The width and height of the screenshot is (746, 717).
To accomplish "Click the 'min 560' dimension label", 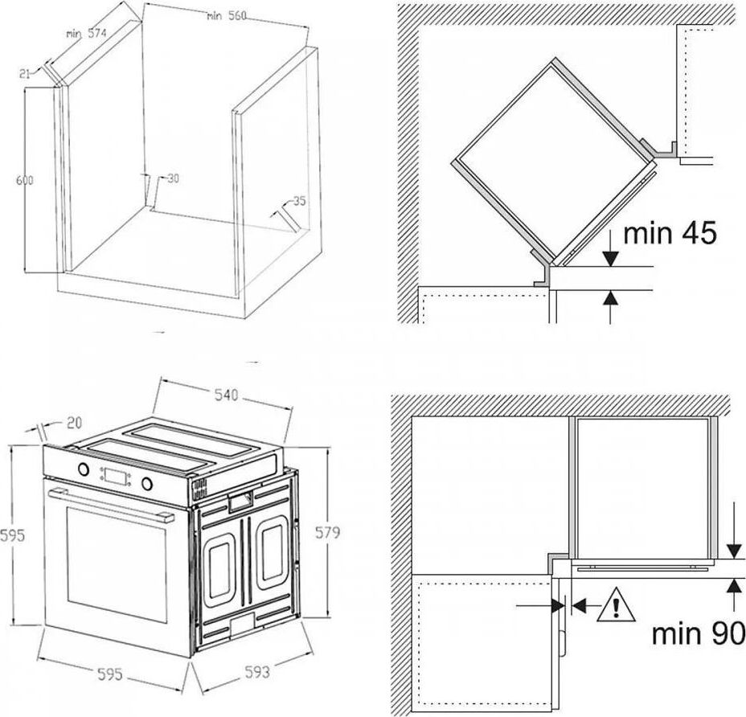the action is click(227, 16).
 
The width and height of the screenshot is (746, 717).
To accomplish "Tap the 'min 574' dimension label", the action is click(86, 34).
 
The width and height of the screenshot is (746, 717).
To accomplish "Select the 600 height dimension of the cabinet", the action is click(25, 180).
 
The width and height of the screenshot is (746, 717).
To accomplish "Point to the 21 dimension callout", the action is click(25, 73).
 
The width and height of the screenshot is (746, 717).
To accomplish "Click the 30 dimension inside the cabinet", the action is click(173, 178).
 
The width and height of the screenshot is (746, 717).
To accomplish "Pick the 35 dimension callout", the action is click(299, 201).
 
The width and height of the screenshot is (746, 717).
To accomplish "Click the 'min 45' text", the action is click(669, 233).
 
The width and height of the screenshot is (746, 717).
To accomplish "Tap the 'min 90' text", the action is click(698, 633).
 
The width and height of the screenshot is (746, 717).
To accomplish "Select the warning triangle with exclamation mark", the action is click(616, 604).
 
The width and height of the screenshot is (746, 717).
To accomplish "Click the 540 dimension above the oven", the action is click(226, 395).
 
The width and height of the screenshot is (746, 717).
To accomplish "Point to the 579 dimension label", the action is click(327, 532).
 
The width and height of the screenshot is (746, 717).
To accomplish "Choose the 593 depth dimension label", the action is click(257, 672).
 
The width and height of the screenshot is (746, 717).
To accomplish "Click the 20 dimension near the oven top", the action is click(74, 423).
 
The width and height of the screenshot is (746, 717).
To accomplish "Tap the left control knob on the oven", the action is click(84, 469).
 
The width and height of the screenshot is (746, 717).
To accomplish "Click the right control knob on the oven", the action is click(147, 483).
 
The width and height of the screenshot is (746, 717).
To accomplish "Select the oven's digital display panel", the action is click(116, 476).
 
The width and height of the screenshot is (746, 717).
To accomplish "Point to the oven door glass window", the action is click(117, 565).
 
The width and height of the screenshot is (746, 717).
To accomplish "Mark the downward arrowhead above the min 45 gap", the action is click(610, 257).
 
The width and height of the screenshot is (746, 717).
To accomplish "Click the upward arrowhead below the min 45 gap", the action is click(610, 298).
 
